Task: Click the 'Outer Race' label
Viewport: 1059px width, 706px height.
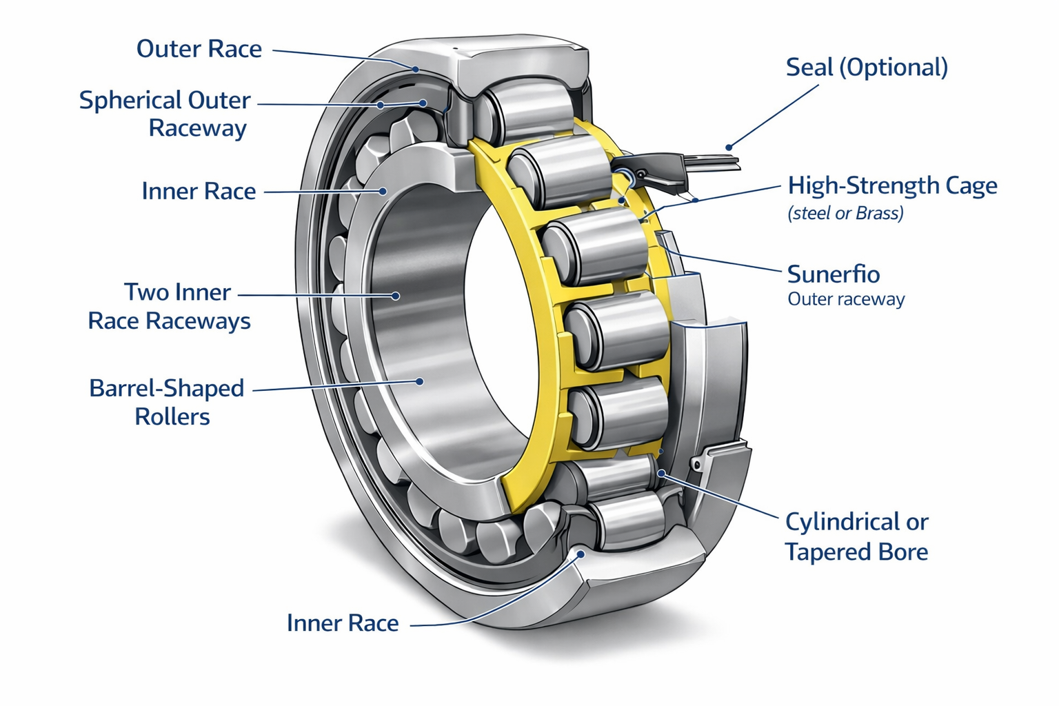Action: point(199,49)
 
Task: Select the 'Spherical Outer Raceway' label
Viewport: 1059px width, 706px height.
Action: point(165,114)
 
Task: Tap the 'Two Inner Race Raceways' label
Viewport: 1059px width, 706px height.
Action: point(170,306)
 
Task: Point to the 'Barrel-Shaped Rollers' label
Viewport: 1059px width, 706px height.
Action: point(167,402)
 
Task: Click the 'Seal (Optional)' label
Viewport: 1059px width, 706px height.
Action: point(867,68)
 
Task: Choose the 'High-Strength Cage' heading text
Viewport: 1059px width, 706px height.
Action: point(892,185)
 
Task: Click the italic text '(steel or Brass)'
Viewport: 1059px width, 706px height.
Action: point(845,213)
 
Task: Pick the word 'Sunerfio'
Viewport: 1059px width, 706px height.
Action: point(833,274)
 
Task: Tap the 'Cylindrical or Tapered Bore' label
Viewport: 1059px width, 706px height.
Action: point(856,536)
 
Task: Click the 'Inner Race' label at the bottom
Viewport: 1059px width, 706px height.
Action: point(343,623)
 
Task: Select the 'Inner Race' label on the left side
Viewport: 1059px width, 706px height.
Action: point(199,191)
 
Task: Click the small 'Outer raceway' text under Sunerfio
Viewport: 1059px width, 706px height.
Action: point(846,299)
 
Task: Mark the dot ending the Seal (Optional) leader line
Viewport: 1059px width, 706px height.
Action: point(729,147)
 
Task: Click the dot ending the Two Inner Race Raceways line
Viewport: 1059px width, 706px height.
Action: point(396,296)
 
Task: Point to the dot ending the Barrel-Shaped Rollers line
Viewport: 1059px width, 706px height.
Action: point(418,381)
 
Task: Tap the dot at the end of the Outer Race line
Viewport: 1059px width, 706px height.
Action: point(416,69)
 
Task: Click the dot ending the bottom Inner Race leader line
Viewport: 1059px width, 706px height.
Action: point(581,554)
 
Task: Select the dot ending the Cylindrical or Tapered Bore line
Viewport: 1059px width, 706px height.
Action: point(661,473)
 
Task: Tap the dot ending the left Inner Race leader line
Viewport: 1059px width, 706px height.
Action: point(383,191)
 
